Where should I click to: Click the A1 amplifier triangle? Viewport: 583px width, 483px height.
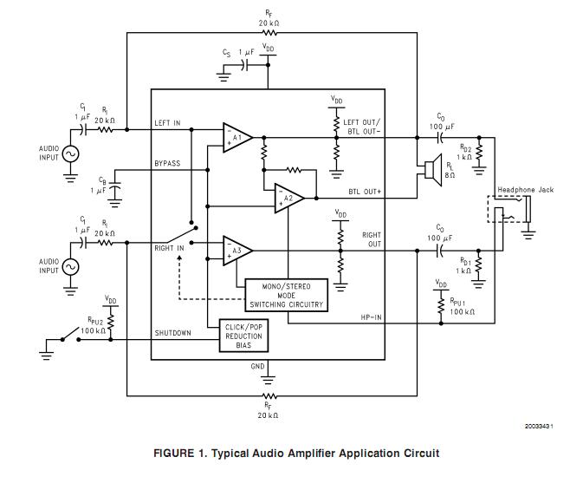(236, 138)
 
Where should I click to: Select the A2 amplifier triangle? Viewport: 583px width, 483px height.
(288, 199)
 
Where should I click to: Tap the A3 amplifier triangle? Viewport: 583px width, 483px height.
(236, 250)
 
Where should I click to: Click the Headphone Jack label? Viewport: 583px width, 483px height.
(525, 190)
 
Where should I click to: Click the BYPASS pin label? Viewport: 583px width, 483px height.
(168, 163)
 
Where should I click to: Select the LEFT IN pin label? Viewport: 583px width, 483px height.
(168, 123)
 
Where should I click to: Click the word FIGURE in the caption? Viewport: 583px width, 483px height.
(178, 453)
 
